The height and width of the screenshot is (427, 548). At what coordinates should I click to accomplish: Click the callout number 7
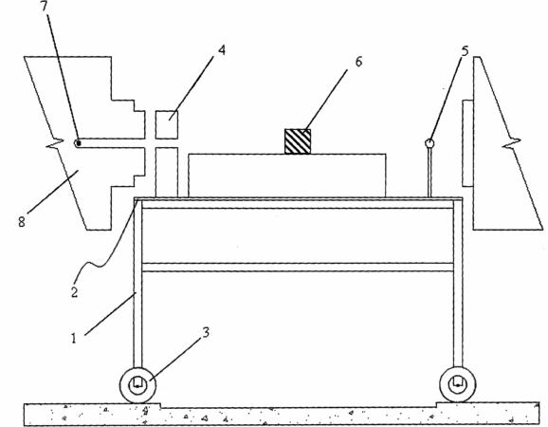pyautogui.click(x=46, y=6)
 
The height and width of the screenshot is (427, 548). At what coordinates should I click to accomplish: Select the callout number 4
pyautogui.click(x=222, y=50)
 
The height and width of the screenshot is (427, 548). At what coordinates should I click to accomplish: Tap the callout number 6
pyautogui.click(x=359, y=62)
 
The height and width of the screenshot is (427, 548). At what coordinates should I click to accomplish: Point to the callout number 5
pyautogui.click(x=465, y=51)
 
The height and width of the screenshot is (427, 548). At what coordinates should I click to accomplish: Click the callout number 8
pyautogui.click(x=22, y=222)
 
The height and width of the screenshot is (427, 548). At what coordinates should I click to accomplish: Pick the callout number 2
pyautogui.click(x=75, y=292)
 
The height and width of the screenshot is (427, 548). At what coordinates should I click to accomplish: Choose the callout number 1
pyautogui.click(x=73, y=338)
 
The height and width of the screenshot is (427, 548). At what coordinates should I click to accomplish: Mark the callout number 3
pyautogui.click(x=206, y=332)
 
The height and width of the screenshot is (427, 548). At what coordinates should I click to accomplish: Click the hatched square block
pyautogui.click(x=298, y=141)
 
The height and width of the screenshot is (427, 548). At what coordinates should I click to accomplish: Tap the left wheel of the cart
pyautogui.click(x=137, y=385)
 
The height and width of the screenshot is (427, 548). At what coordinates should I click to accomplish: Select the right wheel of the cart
pyautogui.click(x=458, y=384)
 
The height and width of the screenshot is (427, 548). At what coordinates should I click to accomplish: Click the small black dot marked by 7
pyautogui.click(x=79, y=142)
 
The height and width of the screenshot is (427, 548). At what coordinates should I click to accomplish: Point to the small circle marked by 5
pyautogui.click(x=429, y=143)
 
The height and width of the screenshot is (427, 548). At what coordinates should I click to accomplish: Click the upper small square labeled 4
pyautogui.click(x=167, y=124)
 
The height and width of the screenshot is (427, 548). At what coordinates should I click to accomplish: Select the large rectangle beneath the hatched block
pyautogui.click(x=287, y=176)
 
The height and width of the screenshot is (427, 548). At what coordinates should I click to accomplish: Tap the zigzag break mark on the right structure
pyautogui.click(x=512, y=142)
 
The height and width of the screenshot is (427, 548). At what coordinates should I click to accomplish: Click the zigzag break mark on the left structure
pyautogui.click(x=55, y=142)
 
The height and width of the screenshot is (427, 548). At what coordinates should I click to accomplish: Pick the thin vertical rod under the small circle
pyautogui.click(x=429, y=173)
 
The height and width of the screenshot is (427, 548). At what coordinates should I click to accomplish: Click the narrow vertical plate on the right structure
pyautogui.click(x=467, y=143)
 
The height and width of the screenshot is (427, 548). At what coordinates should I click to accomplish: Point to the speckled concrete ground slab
pyautogui.click(x=282, y=415)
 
